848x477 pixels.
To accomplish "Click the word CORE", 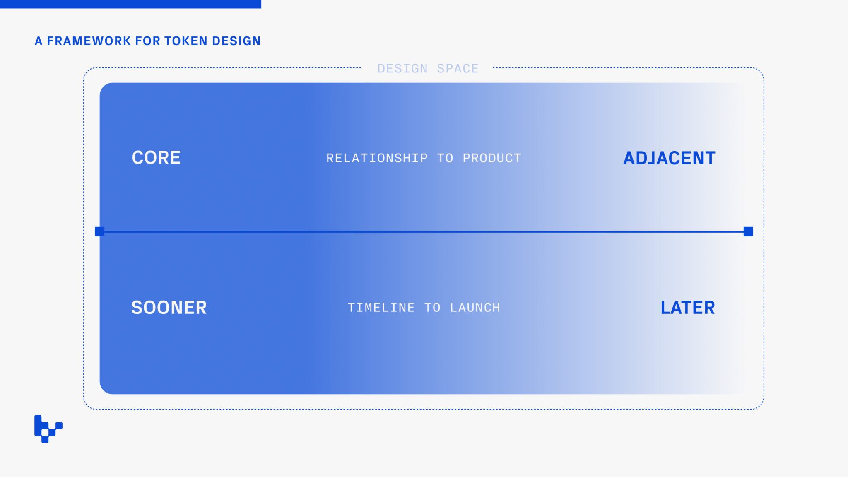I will [156, 158].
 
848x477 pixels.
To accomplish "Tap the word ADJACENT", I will [669, 158].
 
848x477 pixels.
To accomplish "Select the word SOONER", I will [169, 308].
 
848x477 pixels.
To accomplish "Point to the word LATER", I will [687, 308].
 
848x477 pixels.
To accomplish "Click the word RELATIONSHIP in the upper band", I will [377, 158].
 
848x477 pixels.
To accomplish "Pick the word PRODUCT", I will [492, 158].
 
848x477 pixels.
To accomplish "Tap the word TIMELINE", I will [381, 308].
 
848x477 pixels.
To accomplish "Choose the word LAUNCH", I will [475, 308].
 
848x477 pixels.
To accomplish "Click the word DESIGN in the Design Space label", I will [402, 68].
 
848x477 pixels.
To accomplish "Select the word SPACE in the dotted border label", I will [458, 68].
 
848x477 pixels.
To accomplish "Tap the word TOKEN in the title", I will [186, 41].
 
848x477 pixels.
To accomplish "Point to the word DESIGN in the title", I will [236, 41].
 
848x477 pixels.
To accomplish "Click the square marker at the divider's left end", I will [99, 231].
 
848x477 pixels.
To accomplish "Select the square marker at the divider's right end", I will [748, 231].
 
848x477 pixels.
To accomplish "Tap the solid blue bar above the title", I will [130, 4].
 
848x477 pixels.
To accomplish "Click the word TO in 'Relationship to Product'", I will [445, 158].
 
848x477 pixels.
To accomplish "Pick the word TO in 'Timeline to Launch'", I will [432, 308].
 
